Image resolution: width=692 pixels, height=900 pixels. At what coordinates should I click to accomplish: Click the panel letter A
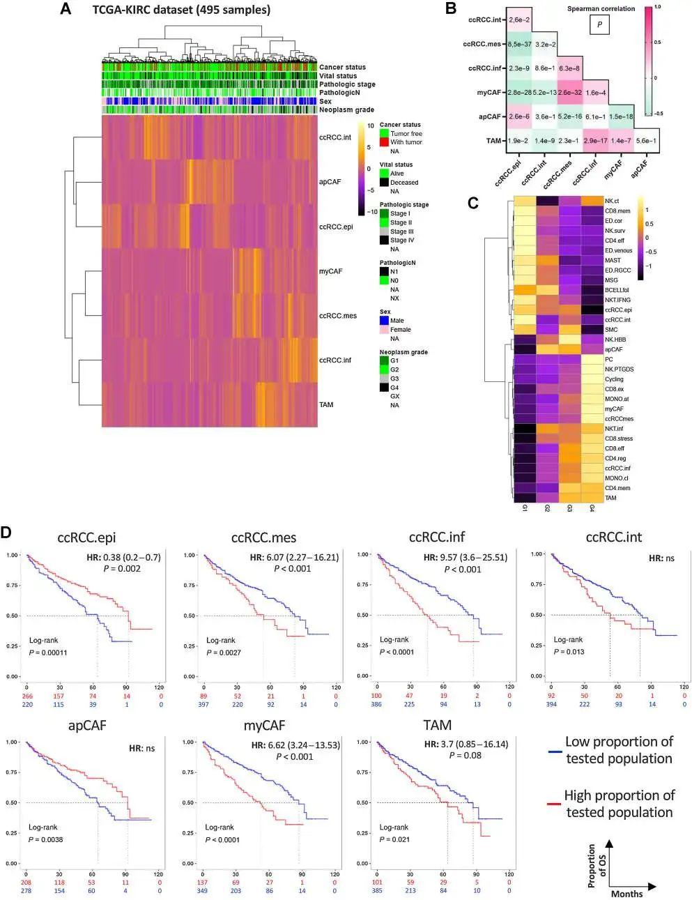65,9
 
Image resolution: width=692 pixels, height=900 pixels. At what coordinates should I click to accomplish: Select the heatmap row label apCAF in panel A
330,182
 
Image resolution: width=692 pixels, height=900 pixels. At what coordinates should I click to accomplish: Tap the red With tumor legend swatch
384,142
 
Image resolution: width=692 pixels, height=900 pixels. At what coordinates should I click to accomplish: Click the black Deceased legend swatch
384,183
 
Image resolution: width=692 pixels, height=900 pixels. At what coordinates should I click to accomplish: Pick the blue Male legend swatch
384,321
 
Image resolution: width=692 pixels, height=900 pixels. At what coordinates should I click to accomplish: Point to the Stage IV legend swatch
384,240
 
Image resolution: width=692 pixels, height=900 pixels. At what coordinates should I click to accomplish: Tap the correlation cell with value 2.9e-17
595,141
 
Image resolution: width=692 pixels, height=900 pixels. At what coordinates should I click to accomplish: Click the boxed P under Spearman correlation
599,25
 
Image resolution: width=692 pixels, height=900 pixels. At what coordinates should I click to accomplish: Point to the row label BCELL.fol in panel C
617,289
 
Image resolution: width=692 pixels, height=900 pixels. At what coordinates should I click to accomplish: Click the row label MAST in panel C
613,260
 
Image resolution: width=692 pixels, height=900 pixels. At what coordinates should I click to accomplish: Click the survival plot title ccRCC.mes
264,537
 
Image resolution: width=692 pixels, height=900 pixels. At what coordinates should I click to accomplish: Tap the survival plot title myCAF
264,726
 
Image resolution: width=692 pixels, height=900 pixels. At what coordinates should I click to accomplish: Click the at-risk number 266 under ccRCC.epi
26,696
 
